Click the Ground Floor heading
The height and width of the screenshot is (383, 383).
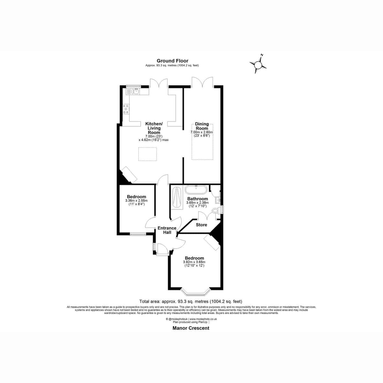172,61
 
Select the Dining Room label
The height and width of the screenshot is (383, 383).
202,126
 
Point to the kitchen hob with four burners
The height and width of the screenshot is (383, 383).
126,109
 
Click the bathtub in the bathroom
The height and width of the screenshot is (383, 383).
196,190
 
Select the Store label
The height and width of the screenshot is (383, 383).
201,225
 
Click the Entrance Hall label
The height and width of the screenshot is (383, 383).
167,230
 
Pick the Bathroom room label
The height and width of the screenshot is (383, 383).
198,199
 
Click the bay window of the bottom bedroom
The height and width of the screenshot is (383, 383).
196,292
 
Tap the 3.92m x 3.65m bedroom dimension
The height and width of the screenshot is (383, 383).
194,264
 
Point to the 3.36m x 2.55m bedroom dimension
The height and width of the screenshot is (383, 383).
136,202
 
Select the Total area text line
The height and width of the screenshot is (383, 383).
191,302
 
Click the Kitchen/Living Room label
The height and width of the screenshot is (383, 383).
154,128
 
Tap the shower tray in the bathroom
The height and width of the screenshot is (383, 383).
177,198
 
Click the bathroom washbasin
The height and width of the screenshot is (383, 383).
218,200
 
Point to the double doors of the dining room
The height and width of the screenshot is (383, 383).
202,82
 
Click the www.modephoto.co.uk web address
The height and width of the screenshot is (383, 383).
203,319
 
